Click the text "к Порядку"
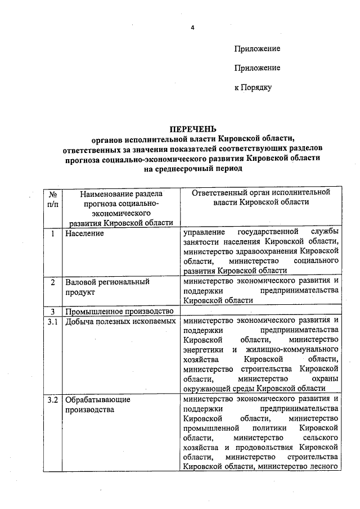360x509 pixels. (253, 87)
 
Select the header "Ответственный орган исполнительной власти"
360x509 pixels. (260, 198)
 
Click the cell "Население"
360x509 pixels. (84, 233)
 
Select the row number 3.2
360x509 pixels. (52, 400)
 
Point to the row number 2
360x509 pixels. (52, 281)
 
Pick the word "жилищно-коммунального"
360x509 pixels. (295, 349)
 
